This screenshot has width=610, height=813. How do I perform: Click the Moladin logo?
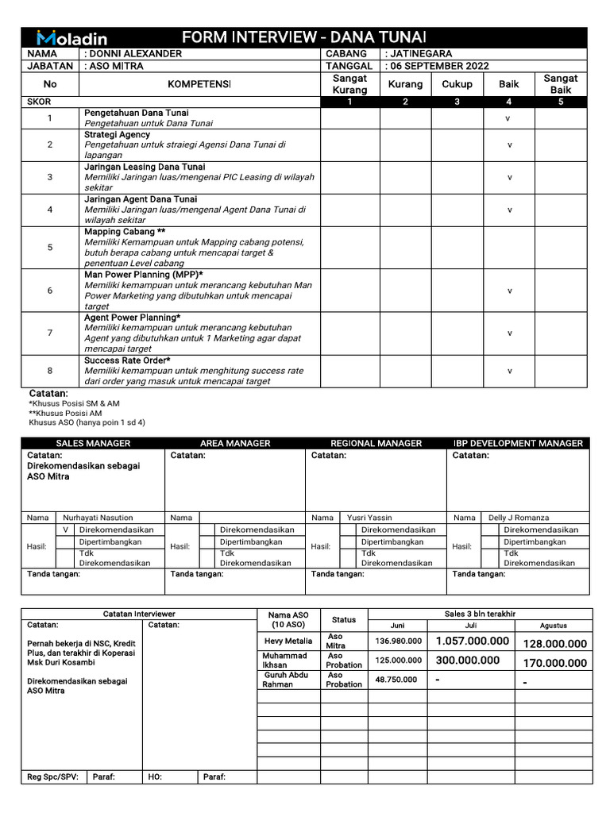pyautogui.click(x=71, y=37)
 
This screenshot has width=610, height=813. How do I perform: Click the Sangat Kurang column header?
pyautogui.click(x=349, y=84)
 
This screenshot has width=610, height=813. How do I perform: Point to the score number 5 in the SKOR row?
pyautogui.click(x=561, y=102)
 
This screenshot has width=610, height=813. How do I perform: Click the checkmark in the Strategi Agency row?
pyautogui.click(x=510, y=145)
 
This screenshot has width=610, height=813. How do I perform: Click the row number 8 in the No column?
pyautogui.click(x=49, y=371)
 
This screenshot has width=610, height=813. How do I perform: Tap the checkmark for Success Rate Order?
pyautogui.click(x=510, y=371)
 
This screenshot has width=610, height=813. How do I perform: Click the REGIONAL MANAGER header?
pyautogui.click(x=376, y=443)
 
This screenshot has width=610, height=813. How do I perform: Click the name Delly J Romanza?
pyautogui.click(x=518, y=518)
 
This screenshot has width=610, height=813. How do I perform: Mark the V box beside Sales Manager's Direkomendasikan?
pyautogui.click(x=66, y=530)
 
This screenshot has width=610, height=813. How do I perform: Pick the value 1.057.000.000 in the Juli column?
pyautogui.click(x=473, y=642)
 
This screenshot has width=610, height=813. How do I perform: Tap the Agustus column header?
pyautogui.click(x=554, y=626)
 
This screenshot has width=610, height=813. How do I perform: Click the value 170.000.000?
pyautogui.click(x=555, y=663)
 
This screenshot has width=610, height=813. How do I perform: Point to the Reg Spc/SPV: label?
pyautogui.click(x=52, y=776)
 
